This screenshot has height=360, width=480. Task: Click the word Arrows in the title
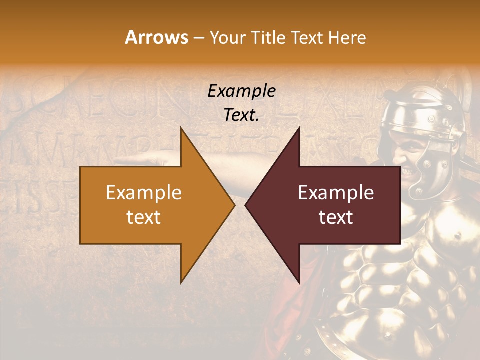pos(156,37)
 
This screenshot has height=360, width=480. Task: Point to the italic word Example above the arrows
pos(241,91)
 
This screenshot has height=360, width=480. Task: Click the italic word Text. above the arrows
pos(241,115)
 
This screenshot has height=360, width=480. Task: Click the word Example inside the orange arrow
pos(144,193)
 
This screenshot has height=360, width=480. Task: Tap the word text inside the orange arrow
pos(144,217)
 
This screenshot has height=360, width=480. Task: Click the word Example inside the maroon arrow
pos(336,193)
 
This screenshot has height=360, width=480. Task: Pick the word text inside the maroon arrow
pos(336,217)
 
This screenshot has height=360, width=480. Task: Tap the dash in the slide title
pos(198,38)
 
